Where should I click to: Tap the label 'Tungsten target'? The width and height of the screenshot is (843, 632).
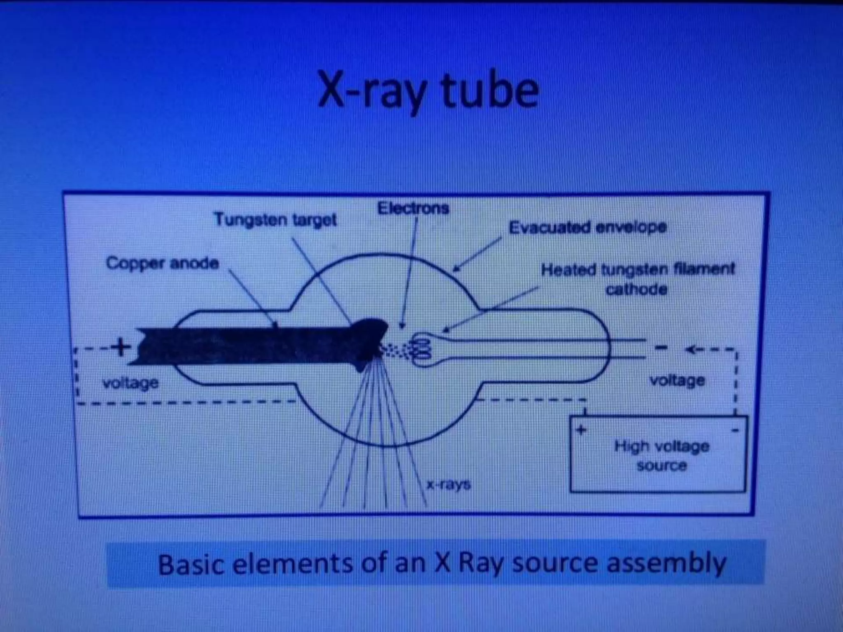point(275,220)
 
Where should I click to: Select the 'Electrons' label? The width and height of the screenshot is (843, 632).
point(413,208)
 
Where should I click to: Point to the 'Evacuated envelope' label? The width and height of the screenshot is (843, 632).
point(587,227)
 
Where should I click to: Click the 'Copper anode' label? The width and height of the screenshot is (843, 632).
point(162,263)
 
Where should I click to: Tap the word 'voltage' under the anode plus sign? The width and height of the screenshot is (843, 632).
point(130,383)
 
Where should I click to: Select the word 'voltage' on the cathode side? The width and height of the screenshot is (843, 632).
point(677,380)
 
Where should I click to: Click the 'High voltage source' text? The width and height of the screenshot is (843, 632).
point(661,455)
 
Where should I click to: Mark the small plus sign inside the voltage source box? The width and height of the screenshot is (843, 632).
point(581,430)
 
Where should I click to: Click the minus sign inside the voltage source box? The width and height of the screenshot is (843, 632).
point(736,430)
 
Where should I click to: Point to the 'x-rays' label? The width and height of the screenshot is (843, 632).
point(448,484)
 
